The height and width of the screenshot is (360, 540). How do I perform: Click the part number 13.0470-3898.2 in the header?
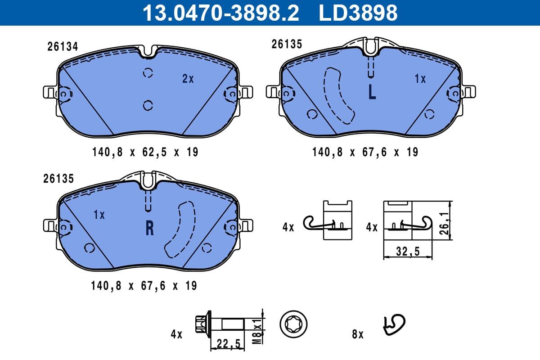point(220,13)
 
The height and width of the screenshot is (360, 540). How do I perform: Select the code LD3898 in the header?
point(358,13)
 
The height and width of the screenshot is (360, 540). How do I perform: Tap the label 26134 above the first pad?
point(63,46)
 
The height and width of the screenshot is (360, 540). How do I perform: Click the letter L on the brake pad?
point(372,92)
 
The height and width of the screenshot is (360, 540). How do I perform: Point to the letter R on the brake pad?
point(149,229)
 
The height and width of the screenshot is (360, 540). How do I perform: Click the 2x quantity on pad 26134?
point(188,79)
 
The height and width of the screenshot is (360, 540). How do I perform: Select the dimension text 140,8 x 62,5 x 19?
point(145,152)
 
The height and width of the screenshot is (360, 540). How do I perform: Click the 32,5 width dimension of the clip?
point(408,252)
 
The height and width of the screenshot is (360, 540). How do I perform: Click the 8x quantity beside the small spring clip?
point(357,334)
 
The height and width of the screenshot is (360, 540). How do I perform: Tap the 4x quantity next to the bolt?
point(176,334)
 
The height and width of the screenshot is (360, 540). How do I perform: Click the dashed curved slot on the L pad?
point(338,96)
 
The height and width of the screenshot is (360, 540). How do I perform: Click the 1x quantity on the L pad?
point(420,79)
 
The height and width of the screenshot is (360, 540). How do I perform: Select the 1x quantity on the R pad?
point(99,215)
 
